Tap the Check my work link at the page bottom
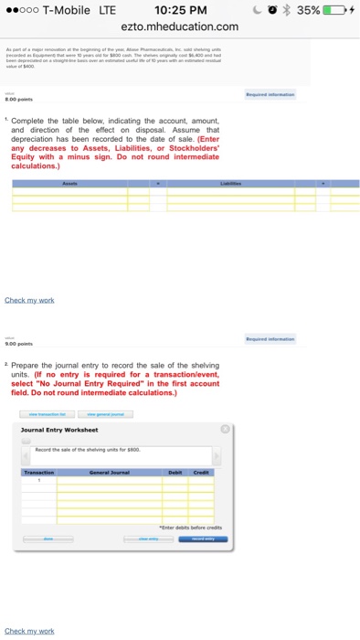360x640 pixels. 29,631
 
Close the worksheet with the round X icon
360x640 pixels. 225,428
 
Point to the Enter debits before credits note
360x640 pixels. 190,528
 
